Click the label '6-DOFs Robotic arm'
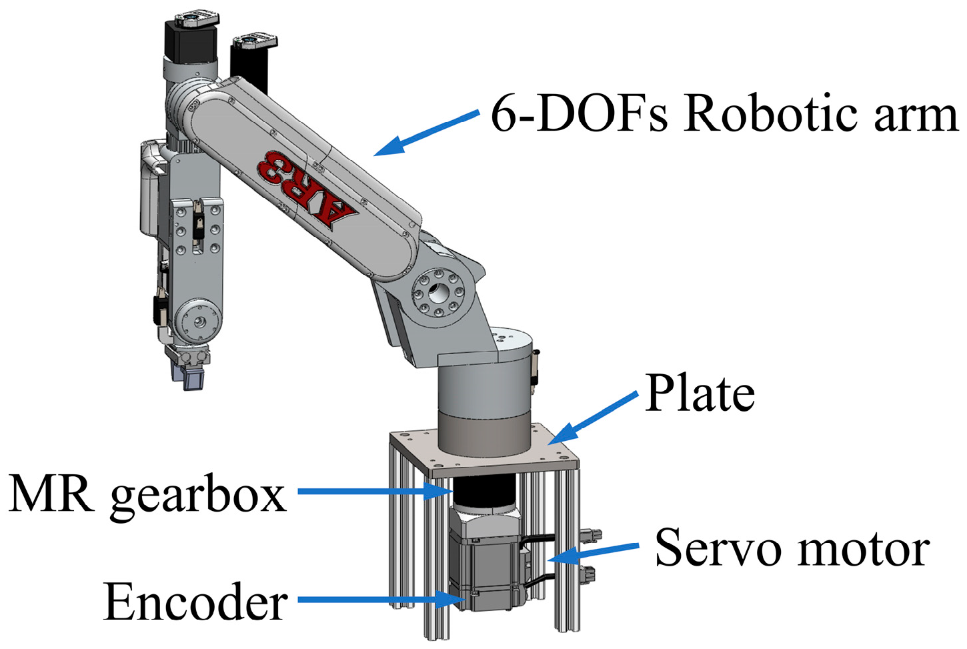tap(724, 113)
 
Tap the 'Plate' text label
tap(700, 394)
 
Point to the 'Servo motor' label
tap(792, 548)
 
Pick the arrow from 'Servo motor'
tap(594, 551)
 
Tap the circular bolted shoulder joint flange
tap(438, 293)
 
